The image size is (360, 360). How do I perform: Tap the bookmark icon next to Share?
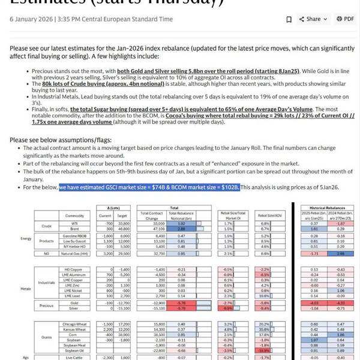pos(289,19)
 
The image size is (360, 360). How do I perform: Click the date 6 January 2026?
pos(31,19)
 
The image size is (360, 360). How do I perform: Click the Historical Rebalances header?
pos(326,206)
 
